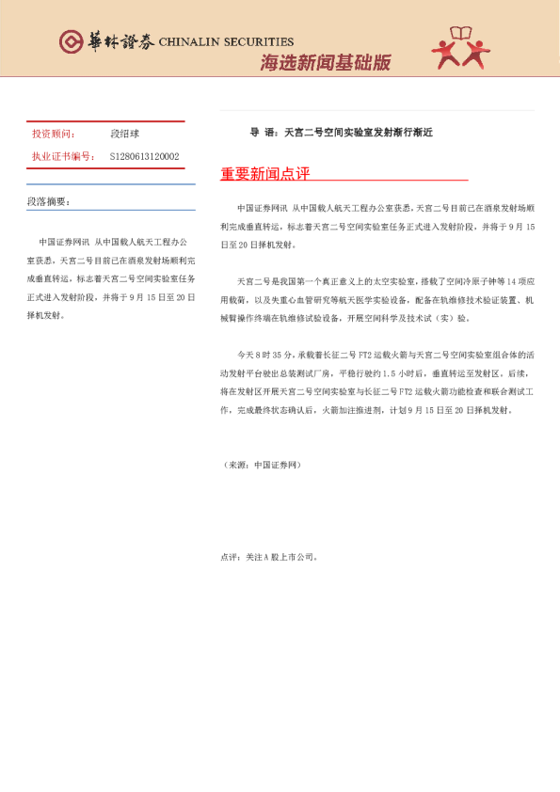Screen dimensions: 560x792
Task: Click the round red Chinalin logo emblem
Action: click(71, 42)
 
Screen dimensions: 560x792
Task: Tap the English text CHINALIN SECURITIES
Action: click(226, 42)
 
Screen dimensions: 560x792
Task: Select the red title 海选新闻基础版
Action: click(325, 63)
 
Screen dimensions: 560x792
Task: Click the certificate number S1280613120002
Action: click(144, 156)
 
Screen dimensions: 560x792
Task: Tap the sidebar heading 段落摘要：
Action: click(49, 201)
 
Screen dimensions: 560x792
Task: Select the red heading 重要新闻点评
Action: click(264, 174)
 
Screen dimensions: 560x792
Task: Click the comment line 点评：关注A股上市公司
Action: click(270, 556)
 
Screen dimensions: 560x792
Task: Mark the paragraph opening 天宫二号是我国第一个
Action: click(279, 281)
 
